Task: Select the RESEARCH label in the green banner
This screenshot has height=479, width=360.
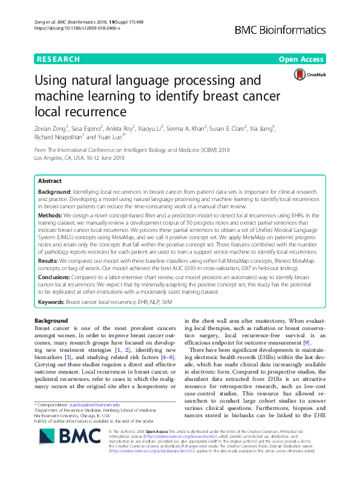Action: click(x=58, y=59)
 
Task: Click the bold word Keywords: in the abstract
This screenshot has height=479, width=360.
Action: click(x=51, y=301)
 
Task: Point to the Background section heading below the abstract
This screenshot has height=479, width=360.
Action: click(x=51, y=320)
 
